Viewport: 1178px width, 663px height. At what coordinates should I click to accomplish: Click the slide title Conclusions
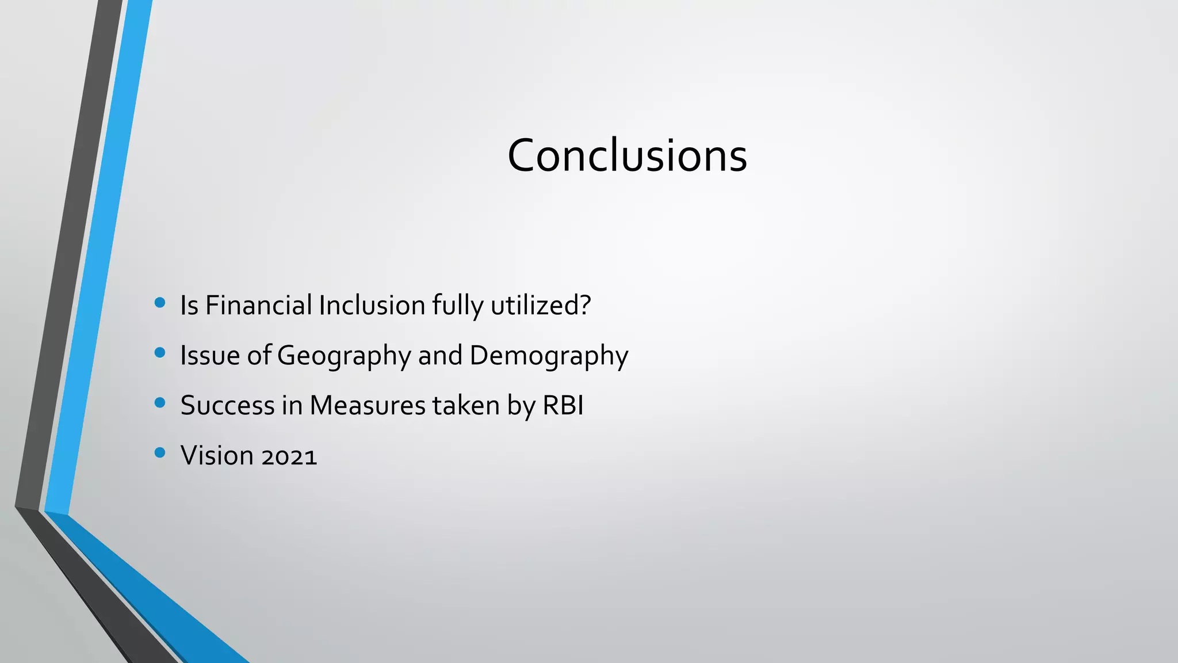[627, 155]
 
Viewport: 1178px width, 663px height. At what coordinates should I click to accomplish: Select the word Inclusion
[372, 305]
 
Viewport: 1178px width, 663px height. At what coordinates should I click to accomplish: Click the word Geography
[343, 356]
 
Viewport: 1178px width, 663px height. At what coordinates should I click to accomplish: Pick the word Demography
[549, 356]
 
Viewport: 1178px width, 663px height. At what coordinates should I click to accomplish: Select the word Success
[228, 405]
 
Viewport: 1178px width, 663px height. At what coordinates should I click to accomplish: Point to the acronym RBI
[563, 405]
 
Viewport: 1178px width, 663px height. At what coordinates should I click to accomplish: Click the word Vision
[217, 455]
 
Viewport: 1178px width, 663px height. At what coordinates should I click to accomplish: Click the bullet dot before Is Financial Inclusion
[160, 303]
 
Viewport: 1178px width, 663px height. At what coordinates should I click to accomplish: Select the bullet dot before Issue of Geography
[160, 353]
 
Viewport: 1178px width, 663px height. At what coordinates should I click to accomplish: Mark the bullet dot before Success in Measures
[160, 403]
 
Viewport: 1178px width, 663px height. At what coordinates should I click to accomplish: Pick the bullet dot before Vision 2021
[160, 453]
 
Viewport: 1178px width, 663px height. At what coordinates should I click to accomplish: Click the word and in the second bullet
[440, 355]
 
